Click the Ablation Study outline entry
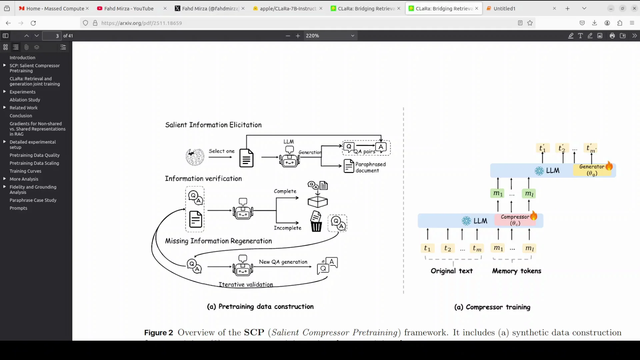(25, 100)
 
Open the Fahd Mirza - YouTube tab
(129, 9)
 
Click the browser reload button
(33, 23)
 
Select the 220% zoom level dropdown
(330, 36)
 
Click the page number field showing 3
(52, 36)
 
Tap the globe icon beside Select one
(195, 157)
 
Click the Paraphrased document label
(370, 167)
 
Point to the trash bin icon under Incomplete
(316, 222)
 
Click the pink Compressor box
(515, 220)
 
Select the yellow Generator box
(592, 170)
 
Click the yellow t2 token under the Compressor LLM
(448, 248)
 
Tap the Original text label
(452, 271)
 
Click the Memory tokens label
(516, 271)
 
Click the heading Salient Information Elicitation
(213, 125)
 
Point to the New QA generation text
(283, 262)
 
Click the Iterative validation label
(246, 285)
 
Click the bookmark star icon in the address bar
(530, 23)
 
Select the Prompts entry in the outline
(18, 208)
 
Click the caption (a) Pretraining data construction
(260, 307)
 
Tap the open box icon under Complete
(318, 201)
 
